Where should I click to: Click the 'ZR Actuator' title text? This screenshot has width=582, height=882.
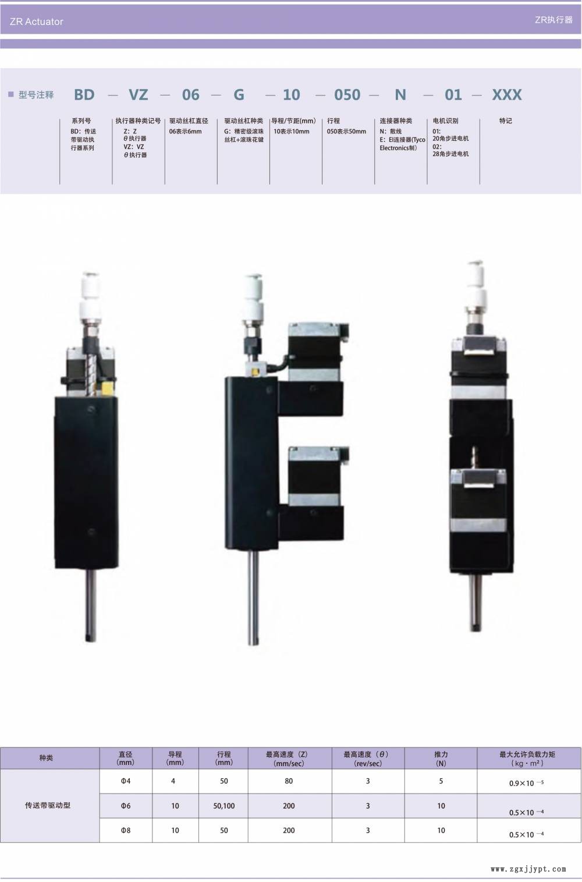tap(36, 22)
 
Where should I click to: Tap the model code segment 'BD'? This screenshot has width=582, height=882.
tap(84, 95)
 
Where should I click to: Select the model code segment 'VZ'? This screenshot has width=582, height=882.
tap(138, 95)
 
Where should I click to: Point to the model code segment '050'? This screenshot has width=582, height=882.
tap(347, 95)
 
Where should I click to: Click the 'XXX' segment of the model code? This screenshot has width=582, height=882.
tap(507, 95)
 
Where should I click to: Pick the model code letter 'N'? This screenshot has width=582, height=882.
tap(400, 95)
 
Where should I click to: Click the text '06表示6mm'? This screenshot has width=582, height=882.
tap(185, 132)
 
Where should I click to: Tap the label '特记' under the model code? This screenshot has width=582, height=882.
tap(506, 121)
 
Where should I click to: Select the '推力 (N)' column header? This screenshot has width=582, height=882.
tap(441, 759)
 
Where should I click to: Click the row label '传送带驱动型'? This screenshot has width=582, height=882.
tap(48, 805)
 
